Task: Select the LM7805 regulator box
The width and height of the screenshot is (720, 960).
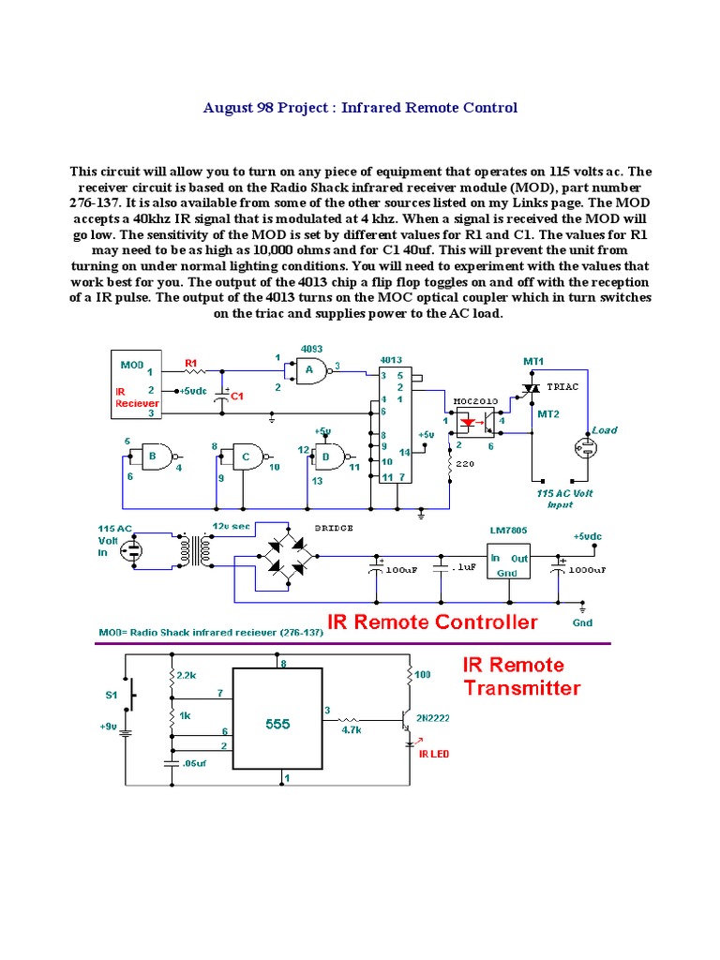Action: tap(508, 561)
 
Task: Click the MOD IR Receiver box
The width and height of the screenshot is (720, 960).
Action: tap(138, 384)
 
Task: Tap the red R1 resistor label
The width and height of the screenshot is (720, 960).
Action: tap(190, 362)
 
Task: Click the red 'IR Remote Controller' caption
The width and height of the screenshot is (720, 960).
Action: tap(432, 622)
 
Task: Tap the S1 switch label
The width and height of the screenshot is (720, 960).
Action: tap(111, 696)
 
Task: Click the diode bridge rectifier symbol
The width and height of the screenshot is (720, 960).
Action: tap(287, 554)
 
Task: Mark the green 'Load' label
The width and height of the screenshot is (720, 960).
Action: tap(604, 430)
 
